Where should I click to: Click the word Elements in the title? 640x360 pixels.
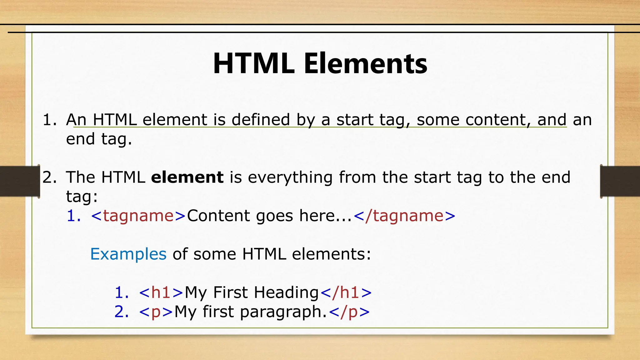click(x=365, y=64)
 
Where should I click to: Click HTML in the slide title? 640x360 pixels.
click(x=253, y=64)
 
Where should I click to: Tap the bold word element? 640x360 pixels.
click(x=187, y=177)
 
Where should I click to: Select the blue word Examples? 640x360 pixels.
click(x=128, y=254)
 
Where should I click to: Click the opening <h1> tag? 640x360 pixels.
click(x=161, y=292)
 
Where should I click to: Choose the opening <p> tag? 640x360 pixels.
click(x=156, y=312)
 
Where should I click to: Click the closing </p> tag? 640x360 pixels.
click(x=349, y=312)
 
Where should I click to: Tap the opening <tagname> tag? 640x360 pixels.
click(x=138, y=216)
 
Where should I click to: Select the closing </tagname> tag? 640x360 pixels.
click(x=404, y=216)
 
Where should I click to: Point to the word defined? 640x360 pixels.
click(x=261, y=120)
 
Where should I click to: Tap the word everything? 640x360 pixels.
click(x=290, y=177)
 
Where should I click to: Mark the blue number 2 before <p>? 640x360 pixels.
click(x=122, y=312)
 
